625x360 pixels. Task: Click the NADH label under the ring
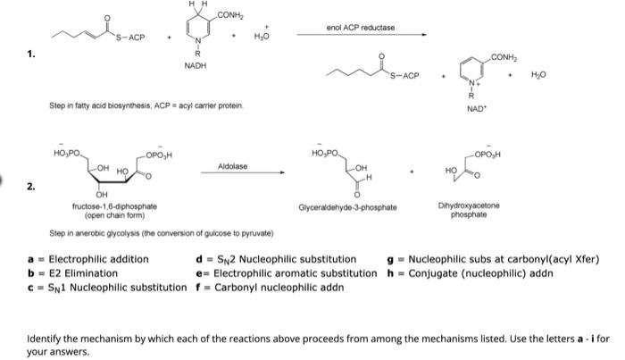(x=196, y=65)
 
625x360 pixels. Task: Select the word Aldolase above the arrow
(x=232, y=166)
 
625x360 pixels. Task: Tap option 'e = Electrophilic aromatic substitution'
(x=286, y=272)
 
